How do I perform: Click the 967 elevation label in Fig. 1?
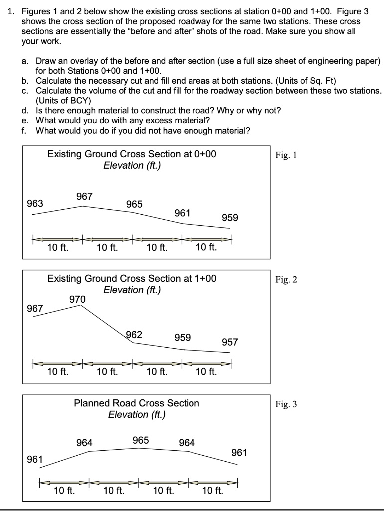(84, 196)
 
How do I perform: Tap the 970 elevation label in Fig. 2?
(77, 299)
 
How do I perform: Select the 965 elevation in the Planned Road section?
(141, 440)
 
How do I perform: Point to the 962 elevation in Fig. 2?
(134, 335)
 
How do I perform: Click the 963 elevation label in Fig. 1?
(35, 203)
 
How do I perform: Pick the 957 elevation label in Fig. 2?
(230, 342)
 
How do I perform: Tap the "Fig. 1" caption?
(286, 155)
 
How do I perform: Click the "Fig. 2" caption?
(286, 279)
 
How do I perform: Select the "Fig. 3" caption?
(286, 404)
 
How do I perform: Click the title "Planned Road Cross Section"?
(136, 403)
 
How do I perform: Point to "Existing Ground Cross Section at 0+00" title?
(132, 154)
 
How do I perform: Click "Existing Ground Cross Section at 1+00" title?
(132, 278)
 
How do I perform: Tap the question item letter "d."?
(25, 110)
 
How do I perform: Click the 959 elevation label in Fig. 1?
(230, 218)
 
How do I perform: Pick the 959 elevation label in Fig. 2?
(182, 338)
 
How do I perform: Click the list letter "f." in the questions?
(24, 131)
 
